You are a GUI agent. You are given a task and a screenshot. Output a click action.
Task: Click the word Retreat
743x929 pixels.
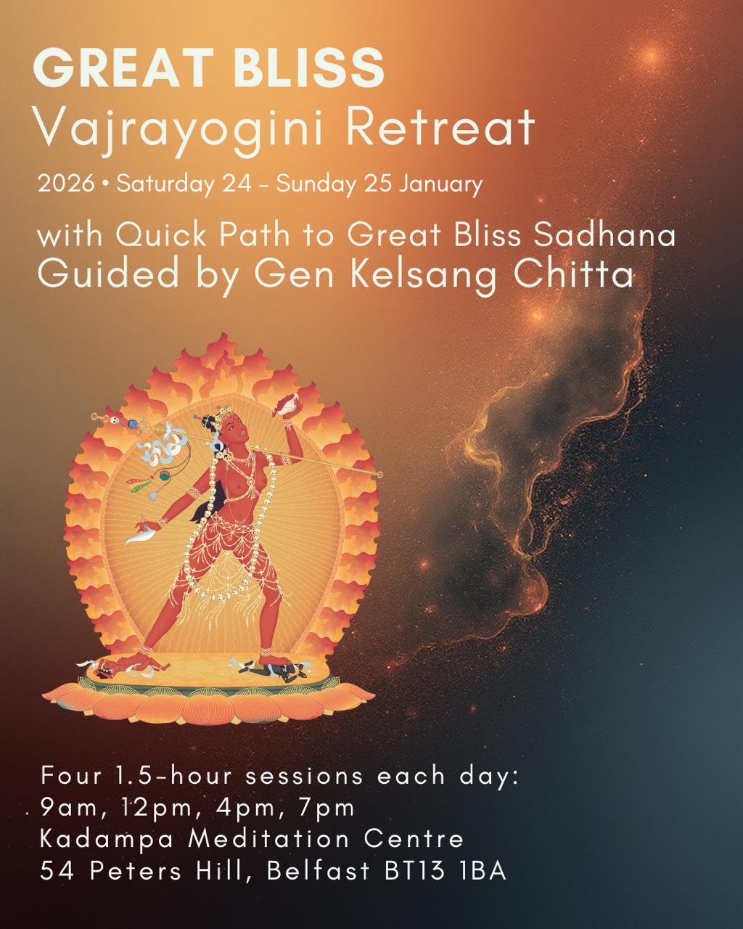click(440, 126)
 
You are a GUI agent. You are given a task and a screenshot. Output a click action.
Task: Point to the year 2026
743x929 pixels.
click(66, 183)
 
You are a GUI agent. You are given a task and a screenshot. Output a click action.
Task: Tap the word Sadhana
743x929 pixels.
click(604, 235)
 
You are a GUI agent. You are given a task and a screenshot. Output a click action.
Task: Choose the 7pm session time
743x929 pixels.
click(327, 807)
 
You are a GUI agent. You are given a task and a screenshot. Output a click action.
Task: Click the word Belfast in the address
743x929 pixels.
click(319, 870)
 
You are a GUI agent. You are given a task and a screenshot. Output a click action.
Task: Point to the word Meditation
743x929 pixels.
click(269, 839)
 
